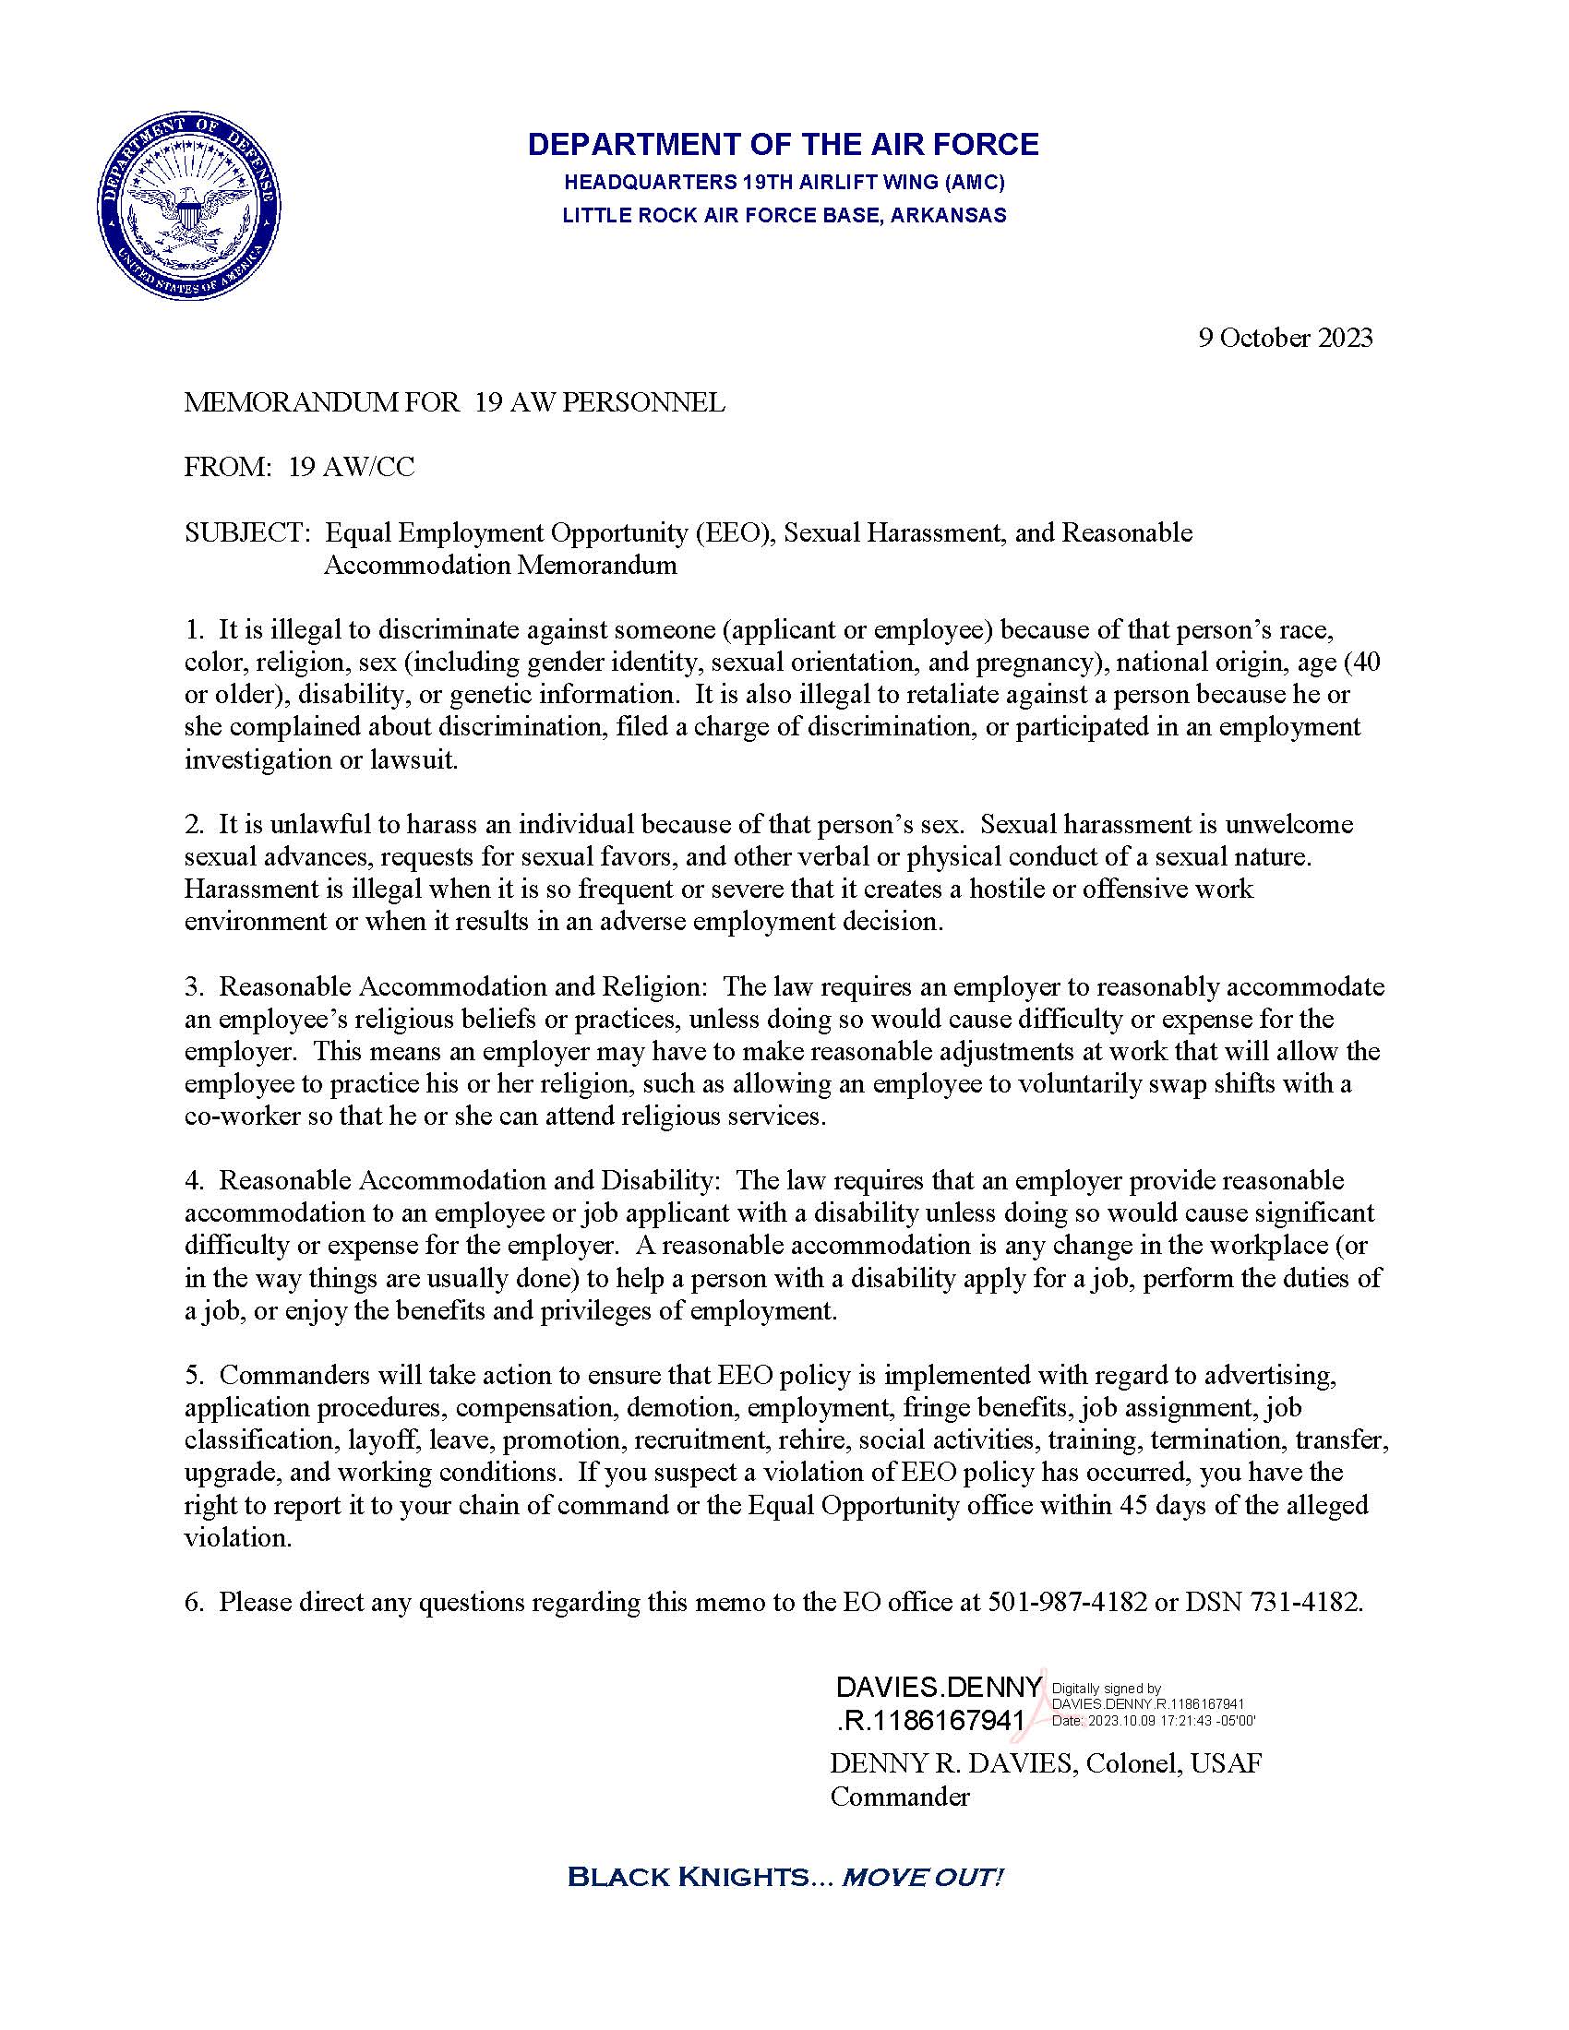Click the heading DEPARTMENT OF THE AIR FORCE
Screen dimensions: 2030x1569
pos(783,144)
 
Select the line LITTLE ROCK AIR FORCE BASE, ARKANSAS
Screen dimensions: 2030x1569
pos(784,216)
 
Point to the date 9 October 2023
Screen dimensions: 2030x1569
pos(1285,338)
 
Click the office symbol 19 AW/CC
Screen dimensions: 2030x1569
pos(352,468)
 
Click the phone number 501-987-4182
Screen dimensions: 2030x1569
pos(1067,1603)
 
